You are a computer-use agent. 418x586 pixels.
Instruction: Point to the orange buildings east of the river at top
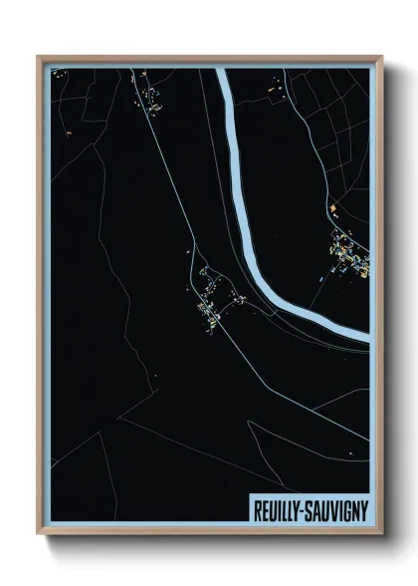coord(274,92)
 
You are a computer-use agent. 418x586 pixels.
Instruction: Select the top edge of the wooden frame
coord(209,59)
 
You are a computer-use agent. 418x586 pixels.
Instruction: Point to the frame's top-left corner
coord(40,59)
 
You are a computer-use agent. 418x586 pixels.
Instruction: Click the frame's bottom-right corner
coord(378,531)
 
